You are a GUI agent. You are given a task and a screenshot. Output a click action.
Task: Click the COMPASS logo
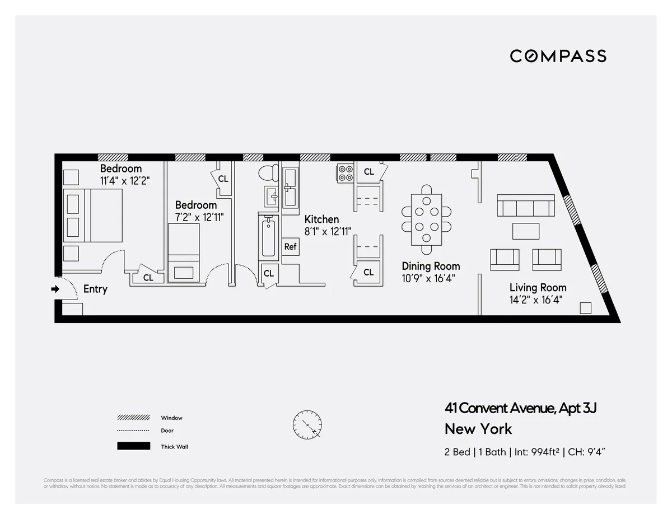tap(558, 56)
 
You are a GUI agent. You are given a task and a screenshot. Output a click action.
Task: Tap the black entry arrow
tap(55, 289)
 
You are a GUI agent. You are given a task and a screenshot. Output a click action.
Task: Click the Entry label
tap(95, 289)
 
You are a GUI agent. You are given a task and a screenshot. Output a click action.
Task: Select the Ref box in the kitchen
tap(290, 246)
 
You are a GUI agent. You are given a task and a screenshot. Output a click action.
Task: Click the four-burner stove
tap(345, 173)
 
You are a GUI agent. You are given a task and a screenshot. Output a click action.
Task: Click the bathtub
tap(268, 237)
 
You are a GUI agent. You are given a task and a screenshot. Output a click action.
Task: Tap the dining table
tap(427, 219)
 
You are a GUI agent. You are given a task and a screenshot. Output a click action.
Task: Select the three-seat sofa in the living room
tap(525, 207)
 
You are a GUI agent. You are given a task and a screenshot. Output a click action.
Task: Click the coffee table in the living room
tap(525, 231)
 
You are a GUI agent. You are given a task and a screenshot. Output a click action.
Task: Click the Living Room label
tap(538, 288)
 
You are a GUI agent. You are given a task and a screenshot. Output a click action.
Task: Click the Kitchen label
tap(321, 219)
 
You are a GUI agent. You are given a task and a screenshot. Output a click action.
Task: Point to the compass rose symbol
tap(307, 425)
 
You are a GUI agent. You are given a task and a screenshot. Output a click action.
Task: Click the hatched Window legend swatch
tap(133, 418)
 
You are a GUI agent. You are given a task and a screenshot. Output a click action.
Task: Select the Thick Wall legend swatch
tap(133, 446)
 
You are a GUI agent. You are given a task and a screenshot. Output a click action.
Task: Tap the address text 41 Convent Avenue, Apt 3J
tap(520, 408)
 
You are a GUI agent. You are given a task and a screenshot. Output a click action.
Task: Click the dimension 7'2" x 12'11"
tap(199, 217)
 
